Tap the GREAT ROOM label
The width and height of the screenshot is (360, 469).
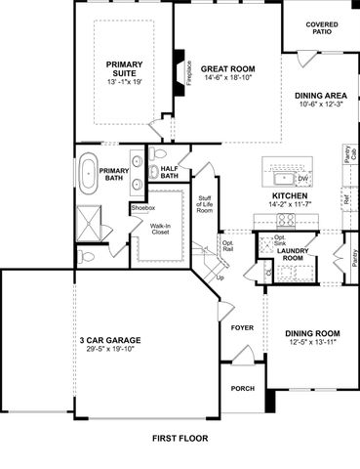(x=228, y=69)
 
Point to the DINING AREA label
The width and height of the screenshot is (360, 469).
(x=320, y=96)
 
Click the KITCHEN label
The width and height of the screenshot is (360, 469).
(x=290, y=196)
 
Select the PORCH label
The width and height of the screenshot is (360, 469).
(x=242, y=388)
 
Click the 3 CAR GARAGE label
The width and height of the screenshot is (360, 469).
(x=112, y=340)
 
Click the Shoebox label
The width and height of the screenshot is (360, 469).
(x=144, y=208)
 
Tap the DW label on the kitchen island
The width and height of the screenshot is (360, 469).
(x=302, y=179)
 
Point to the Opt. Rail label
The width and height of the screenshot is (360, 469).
(x=228, y=246)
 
